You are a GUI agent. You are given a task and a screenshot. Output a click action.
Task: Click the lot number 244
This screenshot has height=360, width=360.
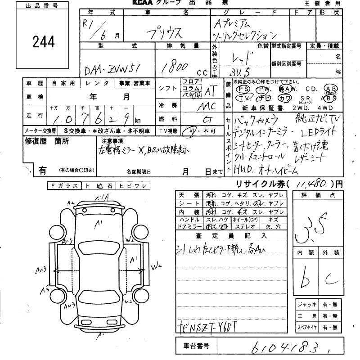pos(44,42)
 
